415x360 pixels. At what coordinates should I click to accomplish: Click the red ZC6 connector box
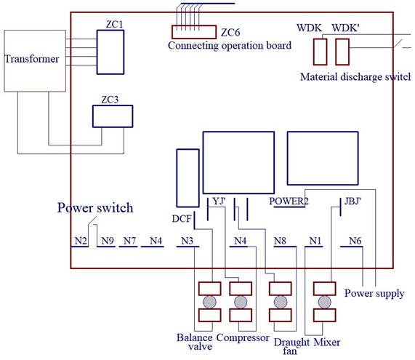click(x=193, y=32)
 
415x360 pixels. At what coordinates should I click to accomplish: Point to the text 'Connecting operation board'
click(x=229, y=46)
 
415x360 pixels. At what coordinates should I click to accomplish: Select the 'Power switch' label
click(x=95, y=208)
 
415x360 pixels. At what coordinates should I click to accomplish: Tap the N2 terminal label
click(x=80, y=241)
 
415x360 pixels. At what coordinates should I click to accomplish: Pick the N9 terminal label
click(x=108, y=241)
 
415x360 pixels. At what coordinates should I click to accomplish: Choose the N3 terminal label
click(x=187, y=241)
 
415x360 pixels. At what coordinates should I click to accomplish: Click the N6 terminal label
click(x=354, y=241)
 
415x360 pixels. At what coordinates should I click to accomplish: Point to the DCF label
click(x=182, y=218)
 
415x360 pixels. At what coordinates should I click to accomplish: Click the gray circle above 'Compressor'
click(x=240, y=302)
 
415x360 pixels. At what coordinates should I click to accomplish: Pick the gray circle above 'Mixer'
click(x=323, y=302)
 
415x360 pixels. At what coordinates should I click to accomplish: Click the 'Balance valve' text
click(x=195, y=343)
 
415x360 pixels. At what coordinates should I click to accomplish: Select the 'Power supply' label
click(x=374, y=294)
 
